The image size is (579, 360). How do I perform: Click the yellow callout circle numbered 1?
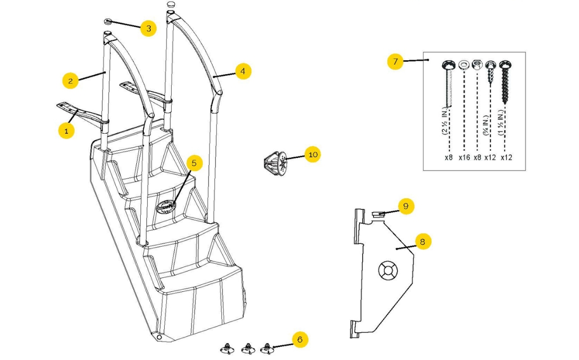[66, 131]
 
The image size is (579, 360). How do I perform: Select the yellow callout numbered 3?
[148, 28]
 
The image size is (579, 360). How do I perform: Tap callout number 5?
[194, 163]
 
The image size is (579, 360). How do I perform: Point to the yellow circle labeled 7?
[395, 62]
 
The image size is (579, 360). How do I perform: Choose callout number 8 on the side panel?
[422, 242]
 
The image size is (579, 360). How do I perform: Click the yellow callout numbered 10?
[313, 155]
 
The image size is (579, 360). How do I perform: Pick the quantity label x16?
[464, 157]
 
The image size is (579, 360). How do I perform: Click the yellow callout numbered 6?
[299, 340]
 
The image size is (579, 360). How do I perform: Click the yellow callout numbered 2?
[71, 81]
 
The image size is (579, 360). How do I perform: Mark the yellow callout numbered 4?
[242, 71]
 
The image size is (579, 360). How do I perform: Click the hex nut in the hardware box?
[477, 65]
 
